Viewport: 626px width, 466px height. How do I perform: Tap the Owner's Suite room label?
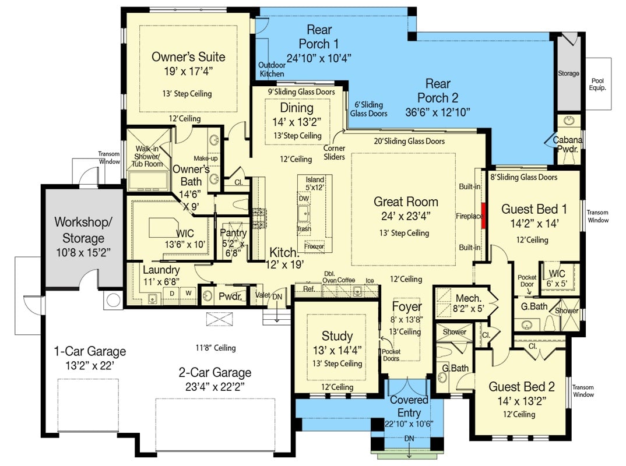click(x=188, y=57)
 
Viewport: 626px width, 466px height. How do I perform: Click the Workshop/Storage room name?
click(x=79, y=230)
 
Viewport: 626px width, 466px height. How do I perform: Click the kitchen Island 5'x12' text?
click(x=315, y=184)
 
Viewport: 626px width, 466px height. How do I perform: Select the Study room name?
click(x=337, y=336)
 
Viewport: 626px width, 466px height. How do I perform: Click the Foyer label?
click(x=407, y=307)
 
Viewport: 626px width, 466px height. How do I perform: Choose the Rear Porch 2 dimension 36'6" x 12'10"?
click(x=437, y=112)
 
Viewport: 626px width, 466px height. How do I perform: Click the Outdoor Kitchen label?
click(x=272, y=69)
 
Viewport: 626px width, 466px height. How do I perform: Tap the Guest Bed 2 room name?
click(x=521, y=387)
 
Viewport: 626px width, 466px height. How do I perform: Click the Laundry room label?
click(x=161, y=270)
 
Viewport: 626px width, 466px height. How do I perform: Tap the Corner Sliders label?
click(x=334, y=153)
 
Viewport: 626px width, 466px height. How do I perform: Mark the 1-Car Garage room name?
click(x=90, y=351)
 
